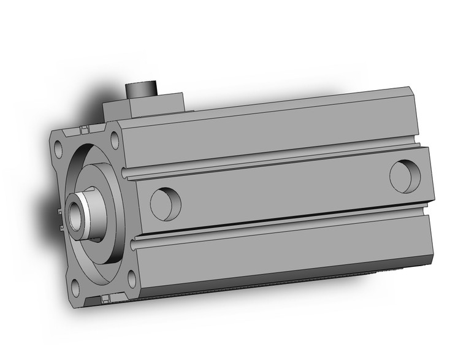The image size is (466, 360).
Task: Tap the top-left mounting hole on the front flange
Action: pyautogui.click(x=58, y=148)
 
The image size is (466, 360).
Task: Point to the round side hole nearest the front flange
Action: pyautogui.click(x=166, y=204)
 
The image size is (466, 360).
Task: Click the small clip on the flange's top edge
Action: pyautogui.click(x=82, y=130)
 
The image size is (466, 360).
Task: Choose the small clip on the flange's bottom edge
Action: pyautogui.click(x=105, y=299)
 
